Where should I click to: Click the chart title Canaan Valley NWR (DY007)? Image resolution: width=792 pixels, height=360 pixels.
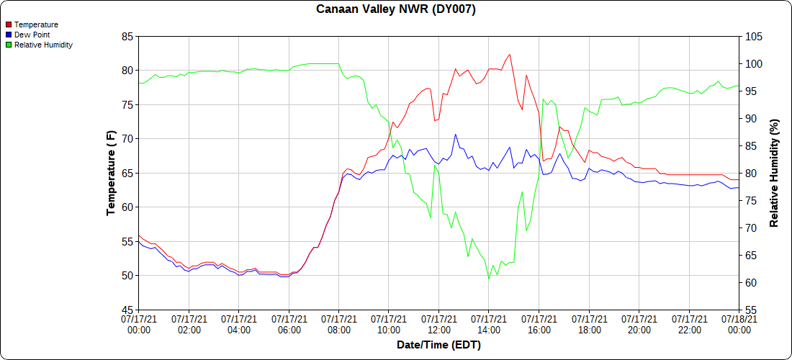[396, 9]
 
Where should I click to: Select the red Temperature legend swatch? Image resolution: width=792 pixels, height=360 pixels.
[9, 24]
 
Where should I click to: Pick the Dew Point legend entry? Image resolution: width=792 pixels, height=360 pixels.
[33, 35]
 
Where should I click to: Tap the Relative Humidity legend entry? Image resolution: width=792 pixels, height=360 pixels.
[43, 45]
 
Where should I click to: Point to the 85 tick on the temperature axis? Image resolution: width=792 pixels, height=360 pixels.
[127, 36]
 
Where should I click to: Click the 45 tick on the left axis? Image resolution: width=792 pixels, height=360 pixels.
[127, 310]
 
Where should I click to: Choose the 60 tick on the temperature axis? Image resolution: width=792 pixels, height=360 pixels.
[127, 207]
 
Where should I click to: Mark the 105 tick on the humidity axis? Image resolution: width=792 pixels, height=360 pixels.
[752, 36]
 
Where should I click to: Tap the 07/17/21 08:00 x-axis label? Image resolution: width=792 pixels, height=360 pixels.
[338, 323]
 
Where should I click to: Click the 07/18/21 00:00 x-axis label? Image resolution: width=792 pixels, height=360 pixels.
[739, 323]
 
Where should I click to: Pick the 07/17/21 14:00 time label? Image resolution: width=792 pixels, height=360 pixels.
[489, 323]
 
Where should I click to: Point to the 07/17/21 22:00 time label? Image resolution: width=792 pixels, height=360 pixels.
[689, 323]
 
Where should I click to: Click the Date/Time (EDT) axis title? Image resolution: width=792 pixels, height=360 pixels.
[438, 345]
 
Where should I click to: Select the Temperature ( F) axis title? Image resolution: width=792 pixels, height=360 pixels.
[111, 173]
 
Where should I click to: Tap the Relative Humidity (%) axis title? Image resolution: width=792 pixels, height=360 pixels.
[774, 173]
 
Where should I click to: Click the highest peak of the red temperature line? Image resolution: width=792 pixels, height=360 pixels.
[510, 54]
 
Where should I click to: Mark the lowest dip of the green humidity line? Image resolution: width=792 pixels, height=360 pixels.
[489, 279]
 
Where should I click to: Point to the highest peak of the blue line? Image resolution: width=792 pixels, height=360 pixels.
[455, 134]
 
